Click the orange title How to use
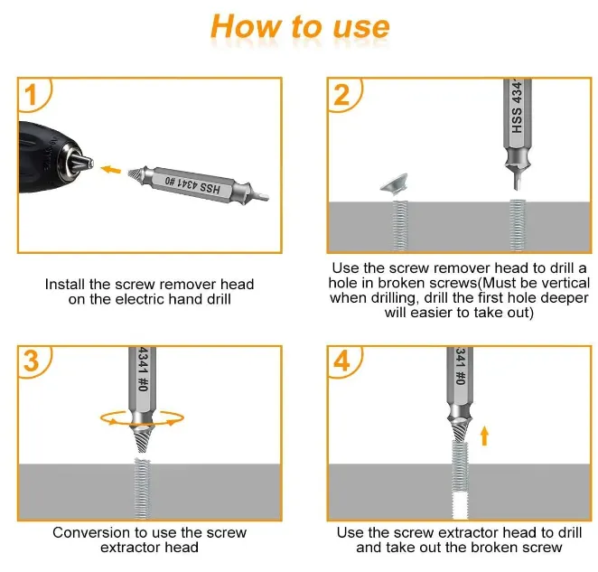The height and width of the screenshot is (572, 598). point(300,27)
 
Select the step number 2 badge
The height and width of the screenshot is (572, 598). point(341,93)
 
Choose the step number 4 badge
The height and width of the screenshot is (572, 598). point(341,361)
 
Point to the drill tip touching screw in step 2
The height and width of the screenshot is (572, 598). point(517,186)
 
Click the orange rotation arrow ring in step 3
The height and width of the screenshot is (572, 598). point(143,417)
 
